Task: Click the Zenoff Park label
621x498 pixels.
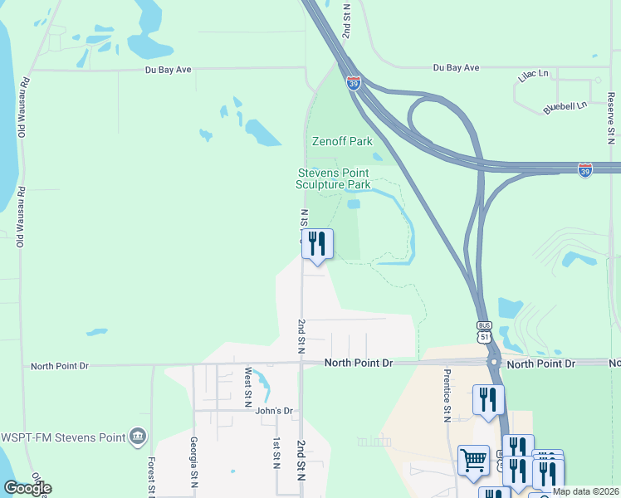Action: click(342, 141)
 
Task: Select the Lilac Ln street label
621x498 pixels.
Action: click(534, 75)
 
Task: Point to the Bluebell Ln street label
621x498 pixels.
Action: click(565, 106)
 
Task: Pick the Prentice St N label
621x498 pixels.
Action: click(447, 395)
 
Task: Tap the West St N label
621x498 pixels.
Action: click(247, 383)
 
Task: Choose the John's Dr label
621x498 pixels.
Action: click(274, 411)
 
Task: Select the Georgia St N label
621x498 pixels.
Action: click(193, 461)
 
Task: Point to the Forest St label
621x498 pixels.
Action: click(152, 477)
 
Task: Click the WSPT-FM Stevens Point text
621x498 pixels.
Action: click(62, 437)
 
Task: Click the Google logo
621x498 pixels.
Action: click(27, 488)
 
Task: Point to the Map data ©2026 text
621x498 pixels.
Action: click(585, 491)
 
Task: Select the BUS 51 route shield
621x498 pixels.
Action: click(485, 332)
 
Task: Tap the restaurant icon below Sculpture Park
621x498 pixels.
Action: click(317, 243)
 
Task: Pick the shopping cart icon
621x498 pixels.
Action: click(473, 458)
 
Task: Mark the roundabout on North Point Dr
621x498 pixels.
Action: click(493, 363)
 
